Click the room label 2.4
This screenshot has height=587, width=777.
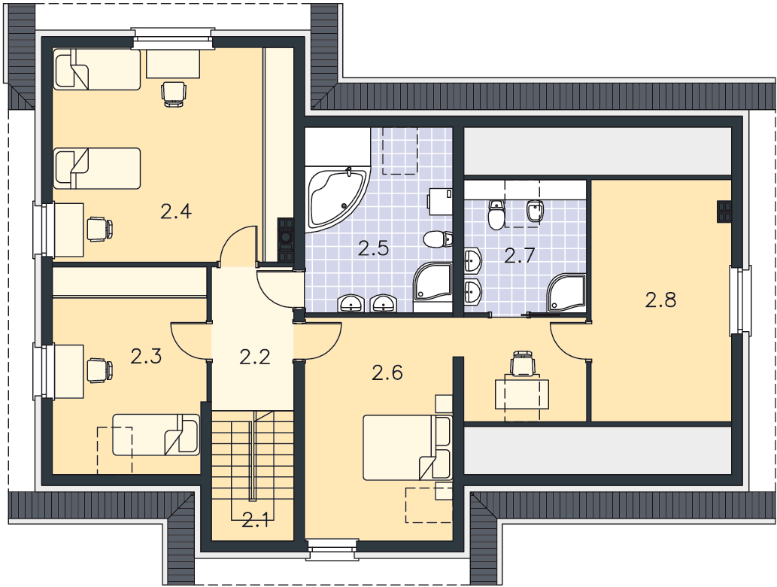[x=176, y=211]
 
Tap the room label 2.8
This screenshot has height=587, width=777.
[x=660, y=300]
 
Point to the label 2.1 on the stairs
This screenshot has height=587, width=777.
[x=255, y=521]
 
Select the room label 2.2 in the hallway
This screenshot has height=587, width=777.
[x=255, y=357]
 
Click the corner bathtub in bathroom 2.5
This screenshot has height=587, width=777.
[x=338, y=199]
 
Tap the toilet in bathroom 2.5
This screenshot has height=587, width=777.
[x=439, y=239]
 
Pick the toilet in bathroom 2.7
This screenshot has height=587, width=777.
[x=496, y=214]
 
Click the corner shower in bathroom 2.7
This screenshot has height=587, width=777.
[x=566, y=293]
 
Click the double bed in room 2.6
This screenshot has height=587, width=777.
[x=408, y=448]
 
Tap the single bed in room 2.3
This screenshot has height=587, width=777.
[x=156, y=435]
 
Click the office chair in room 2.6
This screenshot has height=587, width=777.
[x=524, y=363]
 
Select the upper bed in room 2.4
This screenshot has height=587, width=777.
[x=97, y=69]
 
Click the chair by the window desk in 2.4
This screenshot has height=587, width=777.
[x=100, y=229]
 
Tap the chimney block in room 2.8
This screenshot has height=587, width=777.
[x=724, y=211]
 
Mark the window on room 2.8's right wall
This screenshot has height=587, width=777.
[x=740, y=300]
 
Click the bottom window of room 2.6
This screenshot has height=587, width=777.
[x=332, y=549]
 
